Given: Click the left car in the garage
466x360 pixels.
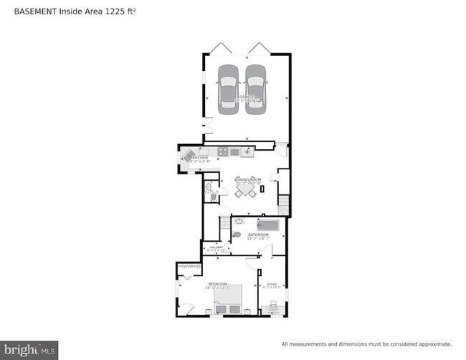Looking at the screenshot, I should (x=229, y=87).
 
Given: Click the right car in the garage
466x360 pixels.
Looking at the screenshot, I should (x=255, y=87).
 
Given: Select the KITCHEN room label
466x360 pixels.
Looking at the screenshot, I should (x=200, y=158).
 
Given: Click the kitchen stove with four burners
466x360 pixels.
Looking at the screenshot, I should (x=223, y=151).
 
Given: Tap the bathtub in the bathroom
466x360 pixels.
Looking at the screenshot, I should (x=267, y=225).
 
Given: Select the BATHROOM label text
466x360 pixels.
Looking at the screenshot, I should (x=258, y=234).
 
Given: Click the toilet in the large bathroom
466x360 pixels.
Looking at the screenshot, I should (x=237, y=234).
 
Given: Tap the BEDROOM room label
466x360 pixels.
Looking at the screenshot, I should (x=217, y=284).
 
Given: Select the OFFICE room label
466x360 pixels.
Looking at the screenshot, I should (x=271, y=284).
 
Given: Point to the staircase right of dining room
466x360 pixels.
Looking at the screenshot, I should (x=284, y=205).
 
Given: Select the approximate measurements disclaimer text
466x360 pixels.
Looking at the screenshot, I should (x=366, y=344).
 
